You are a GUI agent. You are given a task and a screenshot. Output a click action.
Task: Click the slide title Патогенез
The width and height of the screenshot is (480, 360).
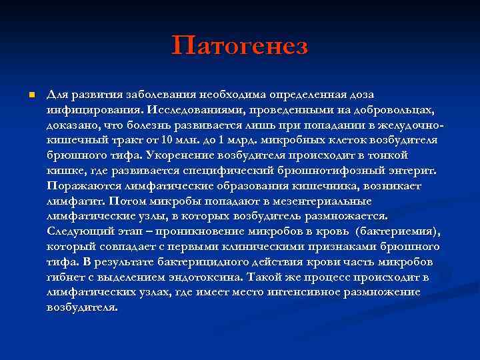click(240, 46)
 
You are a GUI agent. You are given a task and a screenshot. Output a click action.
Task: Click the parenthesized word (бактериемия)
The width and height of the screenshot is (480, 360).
click(397, 231)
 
